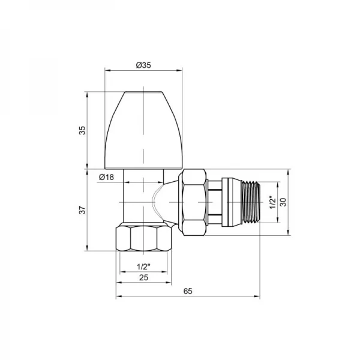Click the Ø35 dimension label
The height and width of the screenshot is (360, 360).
143,65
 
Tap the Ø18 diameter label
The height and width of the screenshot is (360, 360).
106,176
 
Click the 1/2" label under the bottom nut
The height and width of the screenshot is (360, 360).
143,266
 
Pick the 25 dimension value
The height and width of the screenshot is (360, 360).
143,277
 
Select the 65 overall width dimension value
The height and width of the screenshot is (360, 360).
187,291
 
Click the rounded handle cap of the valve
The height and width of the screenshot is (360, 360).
143,129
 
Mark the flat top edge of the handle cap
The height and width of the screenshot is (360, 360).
143,92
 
